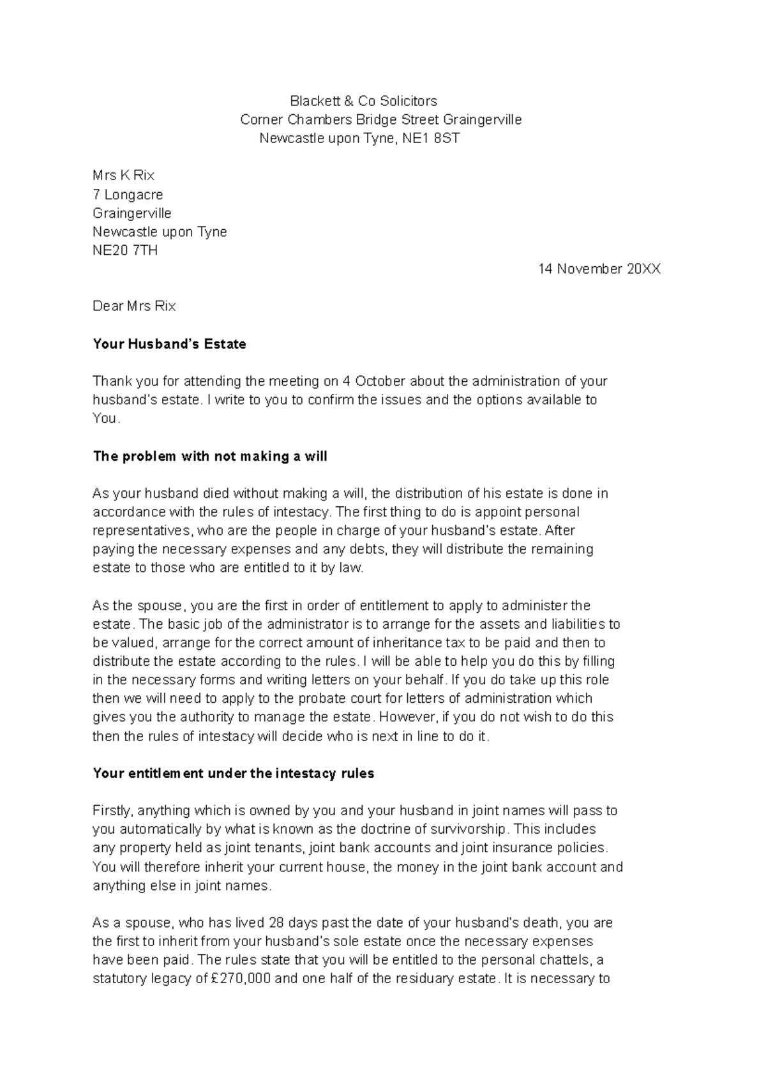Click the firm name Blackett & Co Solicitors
(363, 101)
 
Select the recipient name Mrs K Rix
(124, 176)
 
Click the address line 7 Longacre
(128, 195)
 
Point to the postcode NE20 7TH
(125, 250)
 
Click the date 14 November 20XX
(599, 269)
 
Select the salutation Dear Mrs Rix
(134, 306)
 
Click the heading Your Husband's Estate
(169, 344)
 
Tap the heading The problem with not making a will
(210, 456)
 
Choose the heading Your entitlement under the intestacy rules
(233, 774)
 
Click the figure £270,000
(241, 979)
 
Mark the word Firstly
(113, 811)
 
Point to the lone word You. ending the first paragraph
(106, 419)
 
